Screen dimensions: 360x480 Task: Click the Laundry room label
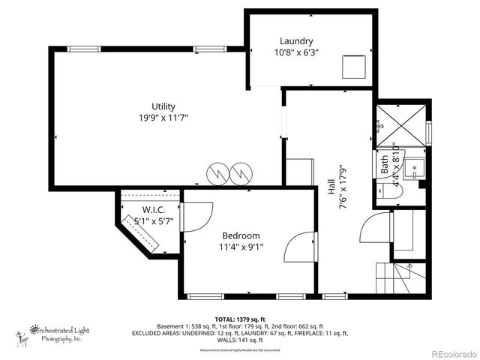(296, 41)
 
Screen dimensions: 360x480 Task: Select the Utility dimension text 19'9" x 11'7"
(163, 118)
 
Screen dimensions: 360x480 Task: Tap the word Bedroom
(241, 235)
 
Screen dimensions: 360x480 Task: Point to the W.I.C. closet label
(154, 209)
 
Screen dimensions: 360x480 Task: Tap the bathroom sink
(415, 166)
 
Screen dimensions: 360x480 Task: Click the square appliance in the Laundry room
(353, 67)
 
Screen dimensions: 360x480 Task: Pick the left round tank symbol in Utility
(217, 174)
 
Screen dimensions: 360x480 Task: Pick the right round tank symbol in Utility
(241, 174)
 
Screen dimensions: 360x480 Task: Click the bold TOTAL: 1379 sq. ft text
(241, 319)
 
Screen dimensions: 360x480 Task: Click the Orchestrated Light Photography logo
(52, 333)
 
